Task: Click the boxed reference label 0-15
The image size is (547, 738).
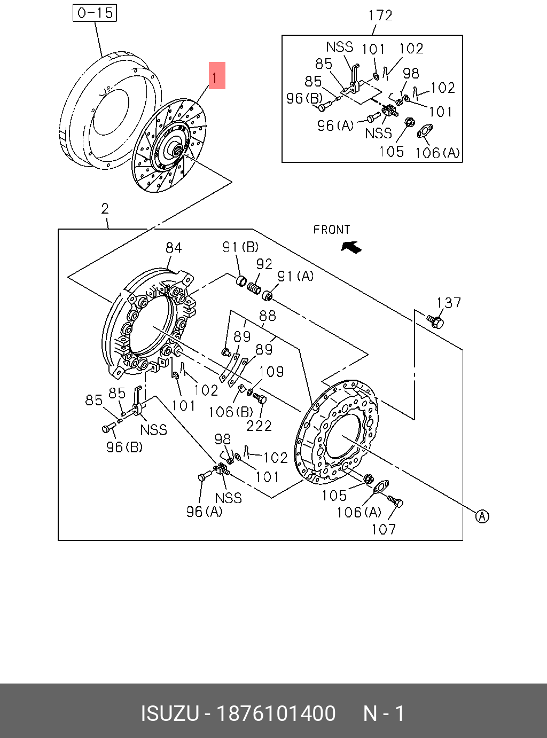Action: coord(95,13)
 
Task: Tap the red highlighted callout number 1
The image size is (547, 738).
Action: coord(217,75)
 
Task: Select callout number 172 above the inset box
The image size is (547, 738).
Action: coord(380,15)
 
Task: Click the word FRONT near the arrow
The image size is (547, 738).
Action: coord(332,230)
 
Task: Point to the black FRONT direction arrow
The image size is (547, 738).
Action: coord(351,247)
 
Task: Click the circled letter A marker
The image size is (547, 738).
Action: coord(482,516)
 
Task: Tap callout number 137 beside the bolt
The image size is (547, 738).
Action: coord(449,303)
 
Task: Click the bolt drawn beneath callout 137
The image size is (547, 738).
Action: coord(435,321)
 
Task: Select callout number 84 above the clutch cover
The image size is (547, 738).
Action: coord(174,248)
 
